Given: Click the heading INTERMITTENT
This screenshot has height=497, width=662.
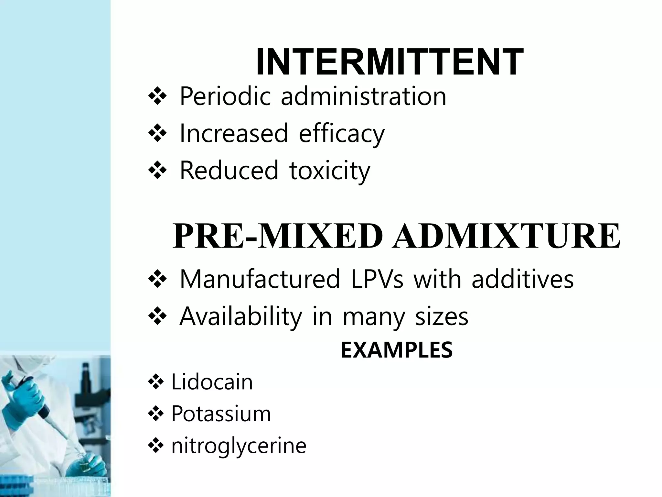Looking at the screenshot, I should pos(390,62).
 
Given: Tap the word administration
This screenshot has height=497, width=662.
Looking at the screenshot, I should pos(363,96).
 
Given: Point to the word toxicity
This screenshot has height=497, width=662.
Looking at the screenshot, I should pos(330,171).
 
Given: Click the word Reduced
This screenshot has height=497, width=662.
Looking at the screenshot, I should pos(229,171).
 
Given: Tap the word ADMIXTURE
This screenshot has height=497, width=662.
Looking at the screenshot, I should pos(506,236).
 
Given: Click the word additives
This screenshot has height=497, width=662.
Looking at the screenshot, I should pos(522,279).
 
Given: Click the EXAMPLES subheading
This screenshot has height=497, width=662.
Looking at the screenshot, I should pos(397,350).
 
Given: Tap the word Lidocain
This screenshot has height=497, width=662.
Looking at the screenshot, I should pos(212,382).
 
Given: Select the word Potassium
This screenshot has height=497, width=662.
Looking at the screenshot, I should pos(221,414).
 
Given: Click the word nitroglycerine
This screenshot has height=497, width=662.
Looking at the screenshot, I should pos(239,446).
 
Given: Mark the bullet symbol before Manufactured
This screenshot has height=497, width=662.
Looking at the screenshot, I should pos(157,278).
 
